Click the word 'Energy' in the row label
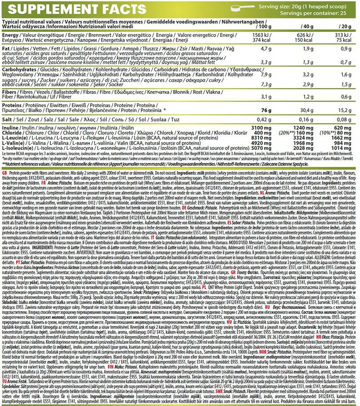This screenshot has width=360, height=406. point(10,34)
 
